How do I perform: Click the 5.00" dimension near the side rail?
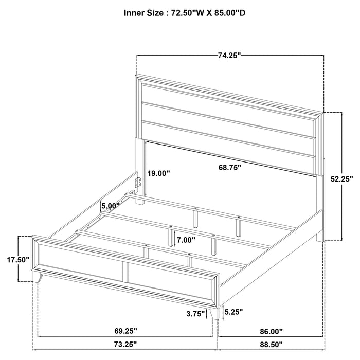coord(110,206)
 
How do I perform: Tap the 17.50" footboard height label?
coord(11,260)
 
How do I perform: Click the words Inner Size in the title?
coord(143,13)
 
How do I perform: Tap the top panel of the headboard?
coord(229,100)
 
